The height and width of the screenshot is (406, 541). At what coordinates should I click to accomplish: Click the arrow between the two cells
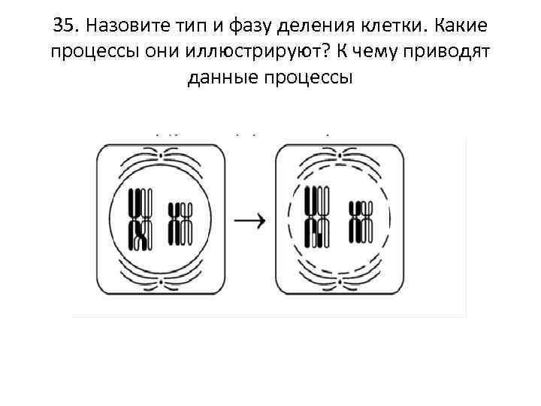tap(250, 220)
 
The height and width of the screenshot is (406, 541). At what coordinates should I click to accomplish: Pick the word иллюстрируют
tap(229, 53)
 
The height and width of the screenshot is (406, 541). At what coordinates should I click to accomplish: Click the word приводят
tap(455, 53)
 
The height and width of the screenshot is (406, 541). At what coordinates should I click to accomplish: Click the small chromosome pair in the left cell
tap(180, 223)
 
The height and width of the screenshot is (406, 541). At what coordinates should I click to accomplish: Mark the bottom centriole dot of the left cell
tap(162, 285)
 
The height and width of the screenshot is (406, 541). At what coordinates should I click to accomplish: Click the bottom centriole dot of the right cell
tap(337, 285)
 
